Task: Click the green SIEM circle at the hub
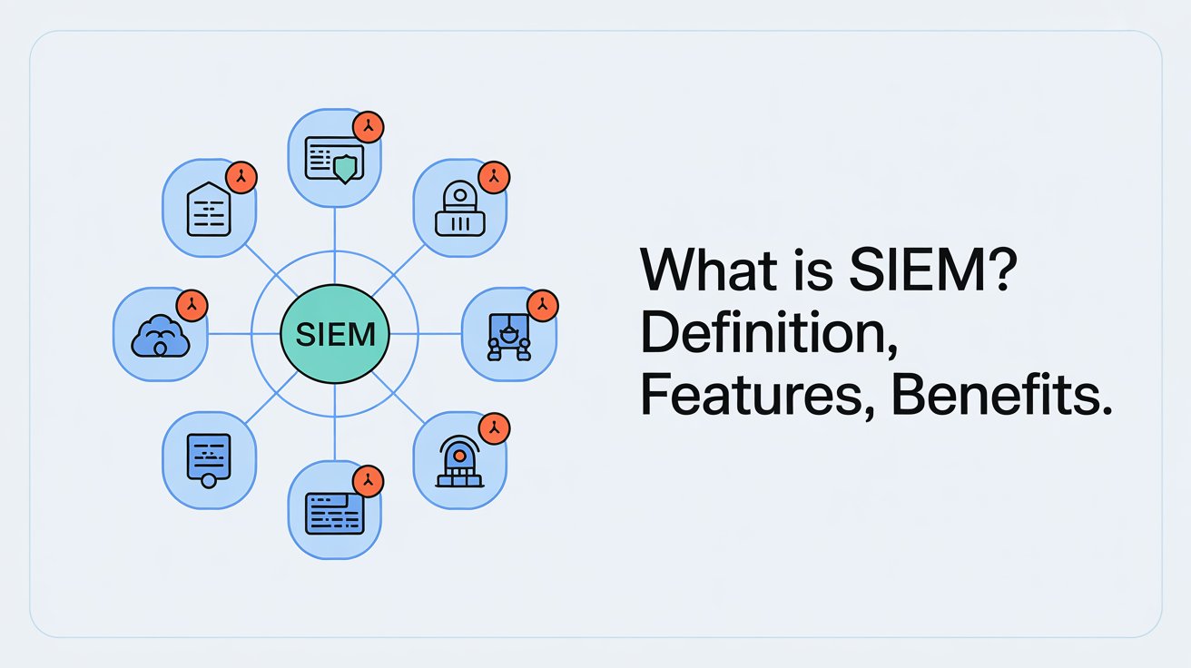[335, 334]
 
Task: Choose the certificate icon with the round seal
[209, 458]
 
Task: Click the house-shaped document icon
[209, 210]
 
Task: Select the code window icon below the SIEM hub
[335, 512]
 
